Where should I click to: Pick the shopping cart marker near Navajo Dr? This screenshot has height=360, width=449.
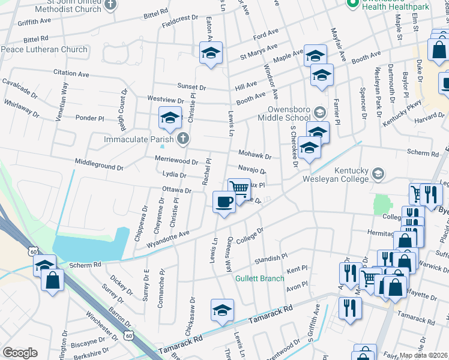point(239,189)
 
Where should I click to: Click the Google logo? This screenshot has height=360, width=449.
point(19,353)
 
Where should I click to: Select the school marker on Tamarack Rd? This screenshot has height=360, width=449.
point(221,311)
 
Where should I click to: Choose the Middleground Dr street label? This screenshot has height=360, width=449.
point(99,162)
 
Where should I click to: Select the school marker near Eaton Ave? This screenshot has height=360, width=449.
point(211,53)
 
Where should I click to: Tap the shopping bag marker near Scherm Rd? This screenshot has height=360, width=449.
point(53,280)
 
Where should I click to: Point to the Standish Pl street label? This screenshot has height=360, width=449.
point(271,259)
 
